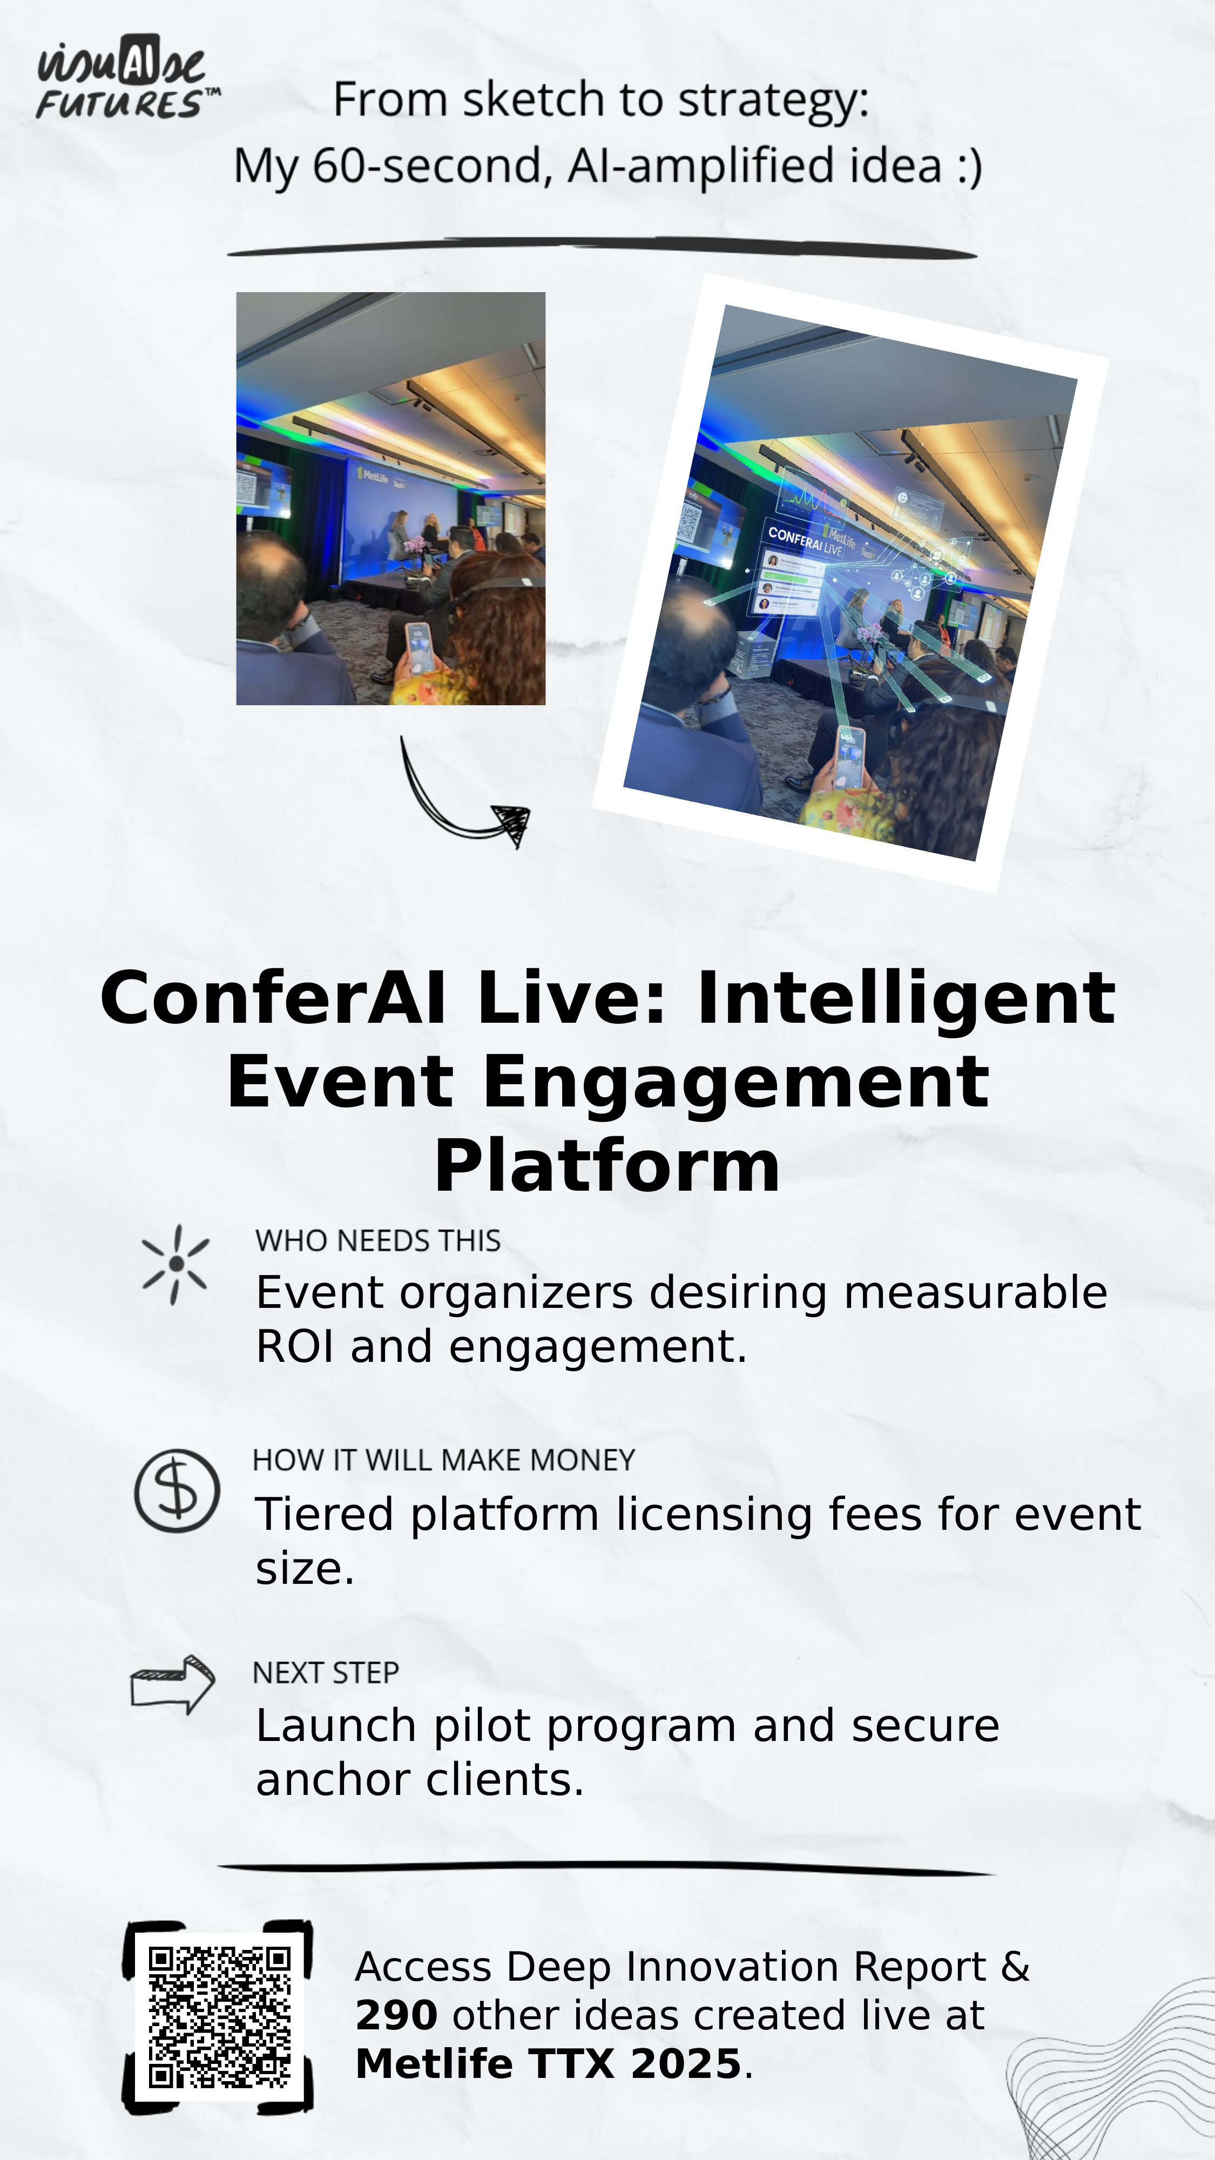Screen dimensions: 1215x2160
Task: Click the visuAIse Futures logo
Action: click(127, 76)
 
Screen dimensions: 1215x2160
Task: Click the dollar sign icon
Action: click(177, 1491)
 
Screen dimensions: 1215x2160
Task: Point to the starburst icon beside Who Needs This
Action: click(175, 1265)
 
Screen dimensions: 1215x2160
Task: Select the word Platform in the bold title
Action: click(607, 1166)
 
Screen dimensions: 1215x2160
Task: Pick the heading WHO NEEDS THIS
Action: click(377, 1240)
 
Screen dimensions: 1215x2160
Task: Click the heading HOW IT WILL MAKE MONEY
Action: click(443, 1460)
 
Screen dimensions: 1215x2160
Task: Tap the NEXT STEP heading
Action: click(325, 1673)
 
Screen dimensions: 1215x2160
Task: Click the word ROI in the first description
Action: click(295, 1347)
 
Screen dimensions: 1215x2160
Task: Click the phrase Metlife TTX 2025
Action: click(549, 2063)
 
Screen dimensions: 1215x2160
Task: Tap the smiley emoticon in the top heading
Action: click(969, 166)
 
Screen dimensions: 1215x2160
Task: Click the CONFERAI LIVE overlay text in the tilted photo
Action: click(805, 541)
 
